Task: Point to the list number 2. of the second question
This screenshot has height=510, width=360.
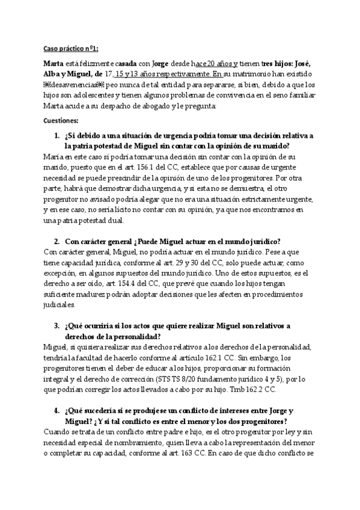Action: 56,241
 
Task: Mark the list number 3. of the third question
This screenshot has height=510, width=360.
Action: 56,325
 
